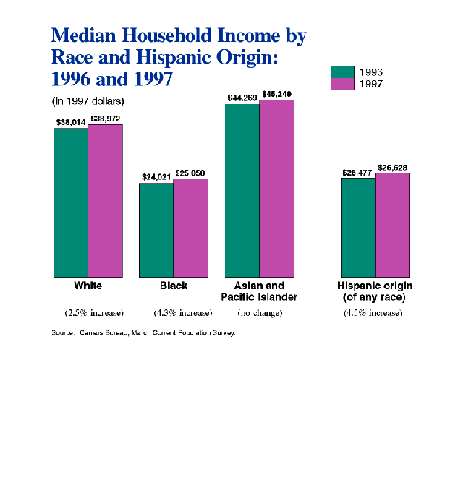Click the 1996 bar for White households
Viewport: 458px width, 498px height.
point(71,202)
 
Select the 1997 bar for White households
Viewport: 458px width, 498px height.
point(105,200)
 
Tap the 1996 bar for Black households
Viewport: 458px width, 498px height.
point(156,230)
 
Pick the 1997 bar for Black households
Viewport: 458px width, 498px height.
point(190,228)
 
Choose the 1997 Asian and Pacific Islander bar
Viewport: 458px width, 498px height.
point(276,188)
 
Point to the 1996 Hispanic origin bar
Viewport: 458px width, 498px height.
point(357,227)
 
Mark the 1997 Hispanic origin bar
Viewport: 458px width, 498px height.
point(391,225)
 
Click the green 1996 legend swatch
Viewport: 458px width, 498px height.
point(342,72)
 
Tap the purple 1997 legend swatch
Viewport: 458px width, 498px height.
point(342,84)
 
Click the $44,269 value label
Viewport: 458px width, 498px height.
point(241,98)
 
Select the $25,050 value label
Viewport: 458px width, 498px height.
point(190,173)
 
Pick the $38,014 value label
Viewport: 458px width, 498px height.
point(71,122)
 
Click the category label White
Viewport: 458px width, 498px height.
point(88,286)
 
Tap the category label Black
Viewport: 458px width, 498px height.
point(174,286)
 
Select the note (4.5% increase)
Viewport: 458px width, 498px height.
point(373,313)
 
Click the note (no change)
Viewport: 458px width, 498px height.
point(260,313)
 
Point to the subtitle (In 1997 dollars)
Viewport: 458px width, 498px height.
point(88,100)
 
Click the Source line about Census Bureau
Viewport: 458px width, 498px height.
point(144,332)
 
